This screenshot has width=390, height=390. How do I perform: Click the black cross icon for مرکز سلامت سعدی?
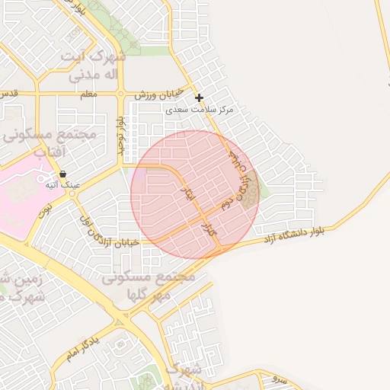coord(199,97)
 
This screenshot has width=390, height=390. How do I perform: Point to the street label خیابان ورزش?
coord(159,94)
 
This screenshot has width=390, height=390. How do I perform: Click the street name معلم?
coord(88,94)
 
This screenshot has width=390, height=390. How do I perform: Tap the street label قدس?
coord(9,94)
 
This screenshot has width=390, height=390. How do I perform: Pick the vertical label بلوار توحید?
coord(120,134)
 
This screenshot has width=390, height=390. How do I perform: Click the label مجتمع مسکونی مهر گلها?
coord(149,286)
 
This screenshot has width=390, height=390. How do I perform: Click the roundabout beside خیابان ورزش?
coord(120,94)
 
